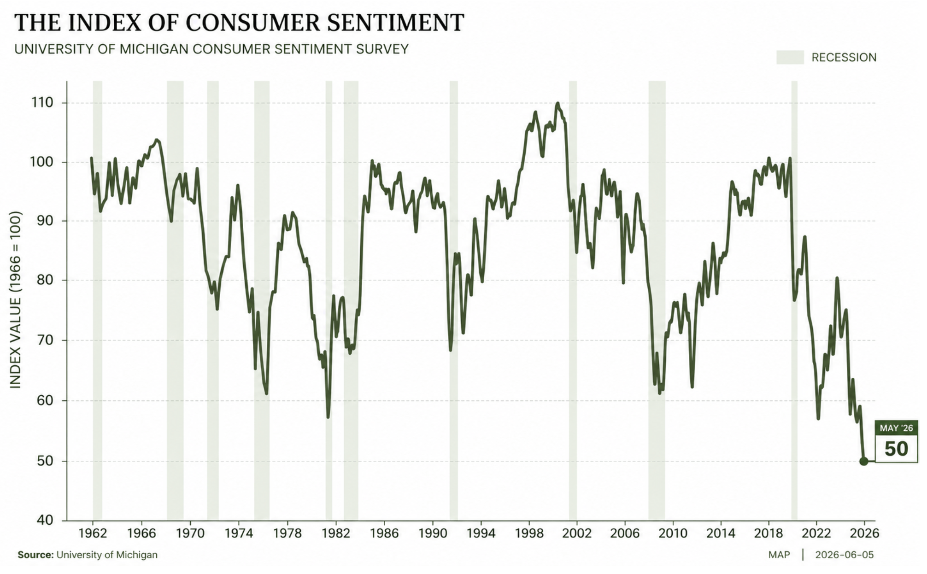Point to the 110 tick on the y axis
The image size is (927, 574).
(x=42, y=103)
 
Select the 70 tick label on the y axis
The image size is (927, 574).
(x=45, y=340)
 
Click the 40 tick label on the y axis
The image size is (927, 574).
(x=45, y=521)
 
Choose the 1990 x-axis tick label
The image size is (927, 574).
(x=433, y=533)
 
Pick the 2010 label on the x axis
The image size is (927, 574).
(x=673, y=533)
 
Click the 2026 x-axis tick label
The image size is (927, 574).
(x=864, y=533)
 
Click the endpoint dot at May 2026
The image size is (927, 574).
(x=863, y=461)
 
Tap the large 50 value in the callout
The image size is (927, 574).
(x=896, y=449)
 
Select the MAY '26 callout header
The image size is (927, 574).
(x=896, y=428)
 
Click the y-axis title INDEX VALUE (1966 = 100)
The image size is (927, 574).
(x=16, y=300)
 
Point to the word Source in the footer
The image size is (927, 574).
(x=35, y=555)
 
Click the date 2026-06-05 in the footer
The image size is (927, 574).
(x=844, y=555)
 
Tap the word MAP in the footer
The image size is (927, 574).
(x=779, y=555)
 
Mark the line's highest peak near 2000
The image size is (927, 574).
(x=557, y=103)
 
